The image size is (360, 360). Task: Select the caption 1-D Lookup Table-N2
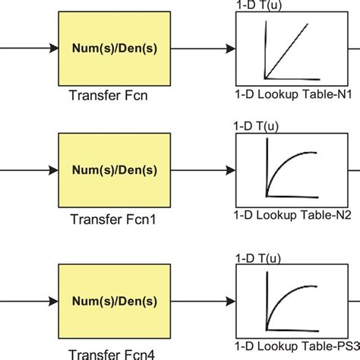(x=289, y=215)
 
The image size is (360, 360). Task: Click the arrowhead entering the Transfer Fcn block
(x=53, y=49)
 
